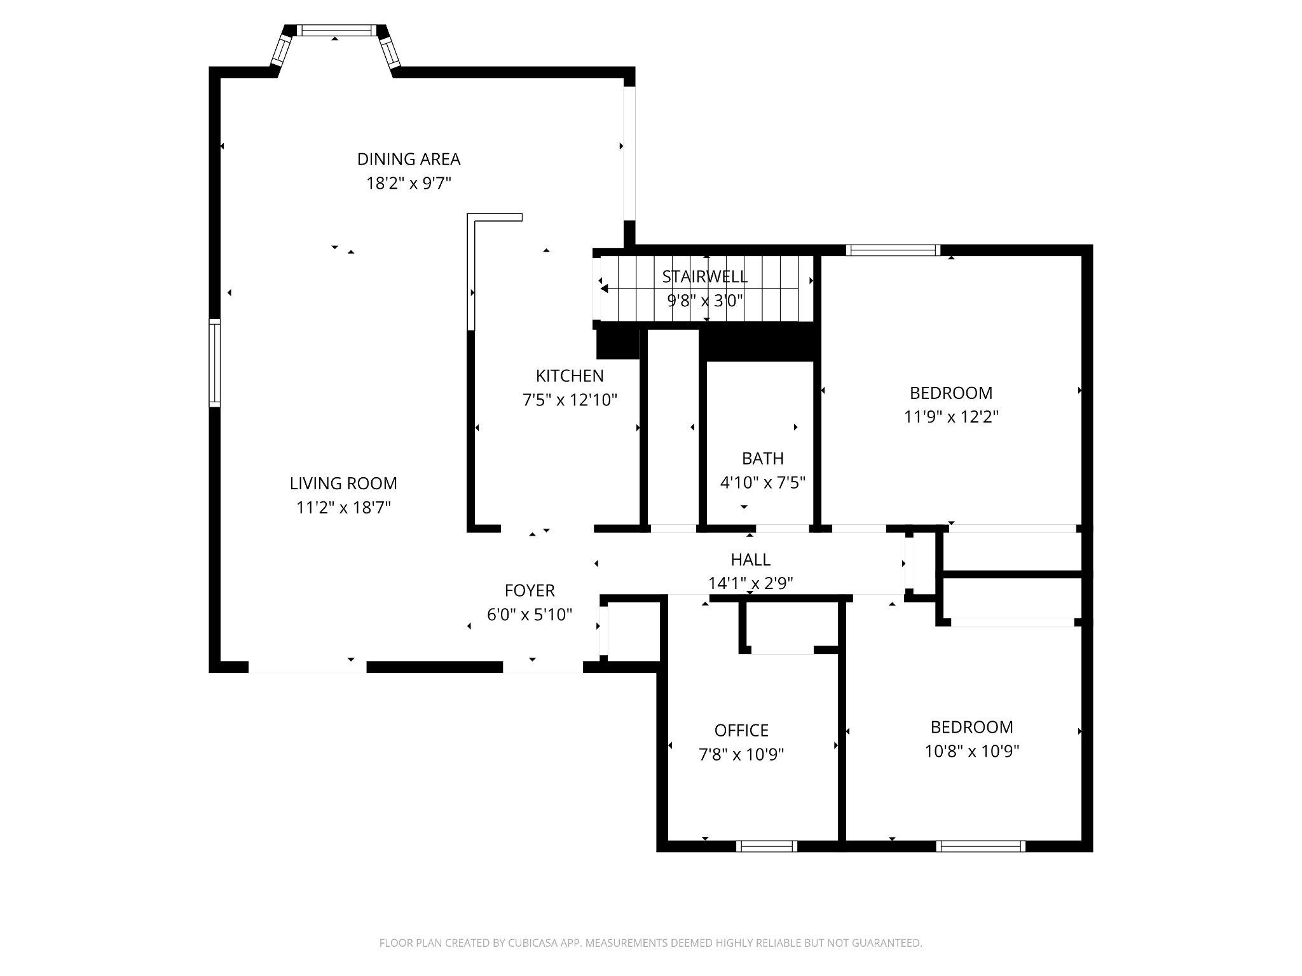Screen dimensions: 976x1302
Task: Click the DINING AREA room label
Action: [x=408, y=159]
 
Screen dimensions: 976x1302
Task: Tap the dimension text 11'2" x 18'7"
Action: [x=343, y=508]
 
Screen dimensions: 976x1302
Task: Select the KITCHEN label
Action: [x=570, y=376]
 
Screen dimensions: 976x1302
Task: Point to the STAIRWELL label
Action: [x=704, y=277]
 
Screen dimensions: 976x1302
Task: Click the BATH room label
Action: [x=762, y=458]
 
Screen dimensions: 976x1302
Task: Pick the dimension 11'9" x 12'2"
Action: [x=951, y=417]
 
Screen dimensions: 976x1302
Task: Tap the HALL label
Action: [x=750, y=560]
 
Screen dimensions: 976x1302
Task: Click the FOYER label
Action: [x=530, y=591]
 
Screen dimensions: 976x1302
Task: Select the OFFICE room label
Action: [x=741, y=731]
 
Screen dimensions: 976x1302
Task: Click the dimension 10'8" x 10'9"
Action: [x=971, y=752]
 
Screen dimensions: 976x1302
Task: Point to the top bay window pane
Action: [x=335, y=30]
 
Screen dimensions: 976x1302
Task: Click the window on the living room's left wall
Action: [x=215, y=363]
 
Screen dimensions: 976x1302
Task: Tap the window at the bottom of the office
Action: [x=766, y=846]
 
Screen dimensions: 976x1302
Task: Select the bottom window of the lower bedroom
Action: [x=980, y=846]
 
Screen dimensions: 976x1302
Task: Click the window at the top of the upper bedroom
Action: [x=893, y=250]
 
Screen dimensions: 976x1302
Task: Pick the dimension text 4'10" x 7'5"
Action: [x=762, y=483]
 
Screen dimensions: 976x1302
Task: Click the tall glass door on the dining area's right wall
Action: [x=629, y=152]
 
